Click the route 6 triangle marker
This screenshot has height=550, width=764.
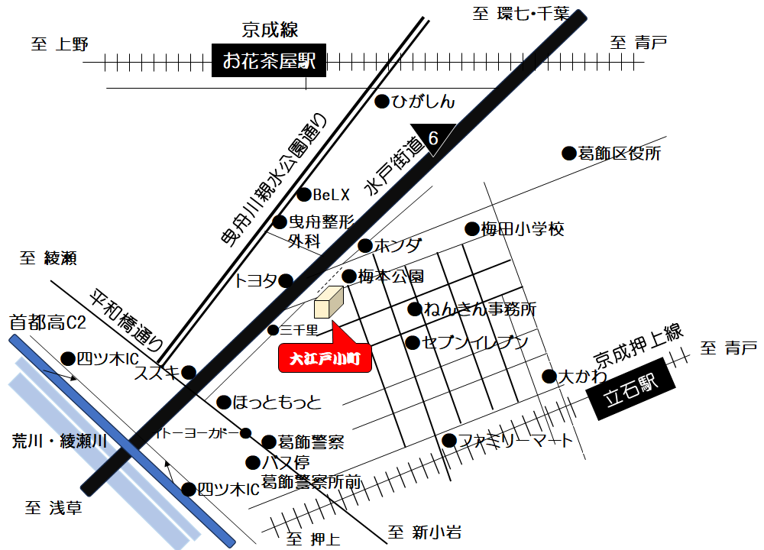tap(433, 138)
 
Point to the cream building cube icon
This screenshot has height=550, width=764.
tap(329, 302)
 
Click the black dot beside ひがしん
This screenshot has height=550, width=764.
tap(382, 102)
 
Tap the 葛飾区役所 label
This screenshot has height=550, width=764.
tap(620, 154)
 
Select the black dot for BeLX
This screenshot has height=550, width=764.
tap(304, 195)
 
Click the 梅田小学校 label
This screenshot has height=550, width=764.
tap(523, 228)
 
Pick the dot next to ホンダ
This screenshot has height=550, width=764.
tap(365, 246)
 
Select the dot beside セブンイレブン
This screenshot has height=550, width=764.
tap(413, 342)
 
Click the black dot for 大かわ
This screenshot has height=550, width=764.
tap(549, 376)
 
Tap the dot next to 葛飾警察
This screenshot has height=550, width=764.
tap(268, 442)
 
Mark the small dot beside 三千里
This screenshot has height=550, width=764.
tap(273, 330)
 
